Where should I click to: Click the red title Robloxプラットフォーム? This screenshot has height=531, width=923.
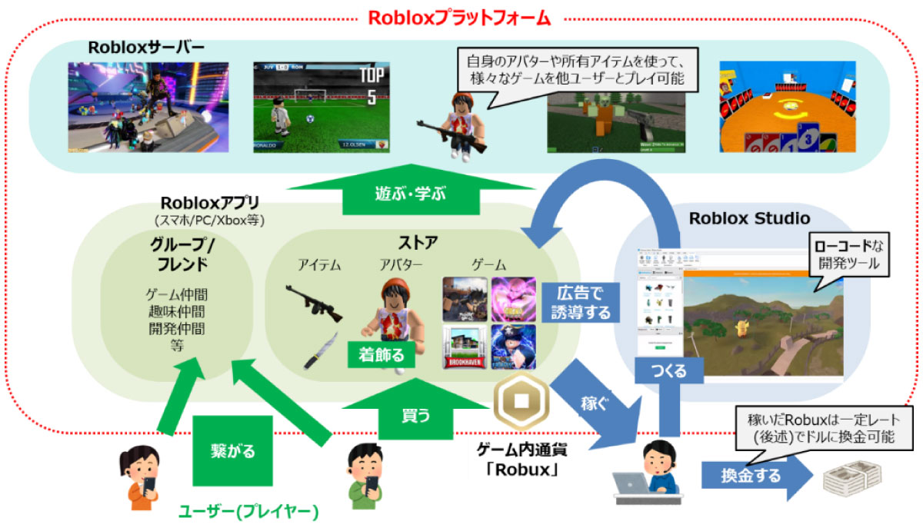[x=460, y=17]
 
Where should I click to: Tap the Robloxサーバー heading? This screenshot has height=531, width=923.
[x=146, y=48]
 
